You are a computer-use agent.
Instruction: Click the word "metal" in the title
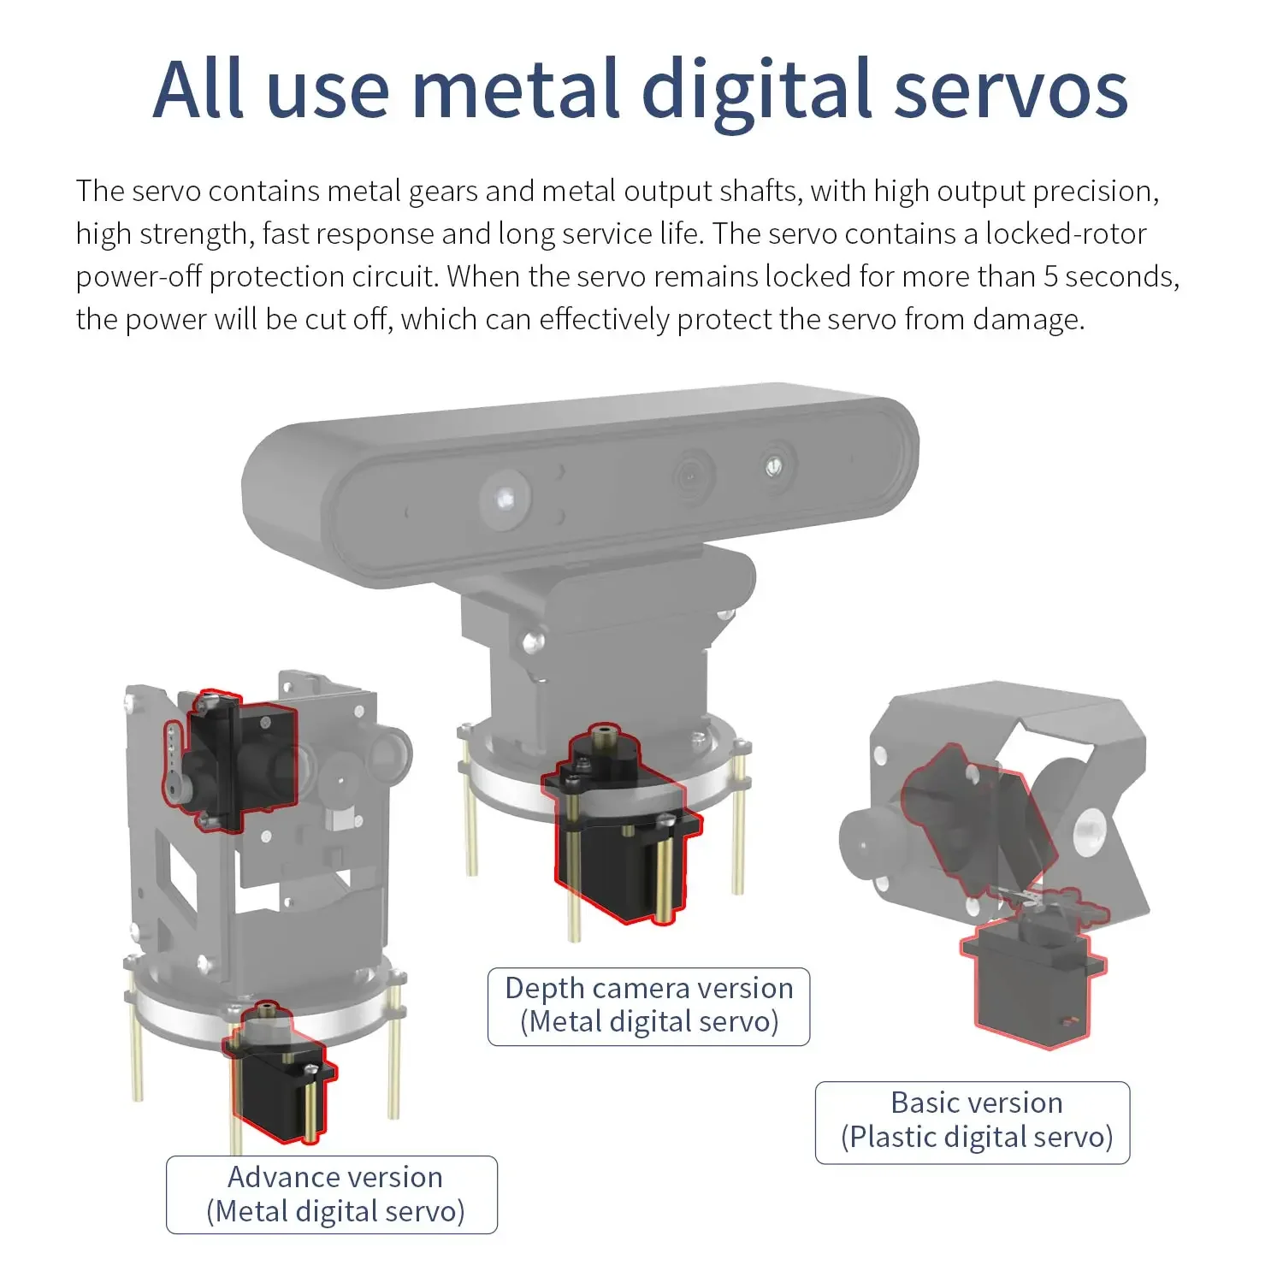point(516,89)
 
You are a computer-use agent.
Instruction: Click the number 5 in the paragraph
point(1050,276)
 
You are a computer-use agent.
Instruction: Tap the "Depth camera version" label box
point(648,1006)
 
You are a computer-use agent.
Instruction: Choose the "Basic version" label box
point(973,1122)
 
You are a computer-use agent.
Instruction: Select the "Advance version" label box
point(332,1194)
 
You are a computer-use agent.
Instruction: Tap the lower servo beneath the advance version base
point(280,1074)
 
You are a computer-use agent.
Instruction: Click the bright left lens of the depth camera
point(505,497)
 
